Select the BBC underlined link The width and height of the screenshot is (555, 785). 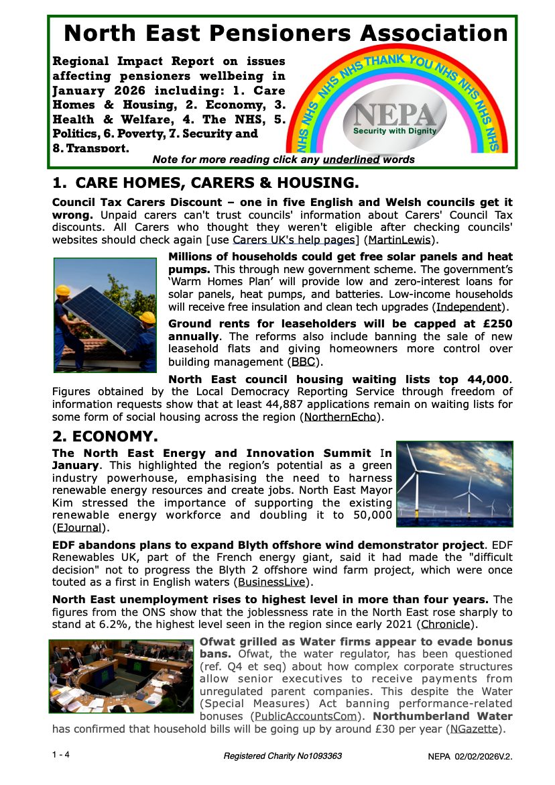(304, 362)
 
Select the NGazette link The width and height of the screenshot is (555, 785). (474, 729)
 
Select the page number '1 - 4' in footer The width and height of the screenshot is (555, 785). (61, 755)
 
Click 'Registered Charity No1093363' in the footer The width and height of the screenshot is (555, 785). (283, 756)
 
